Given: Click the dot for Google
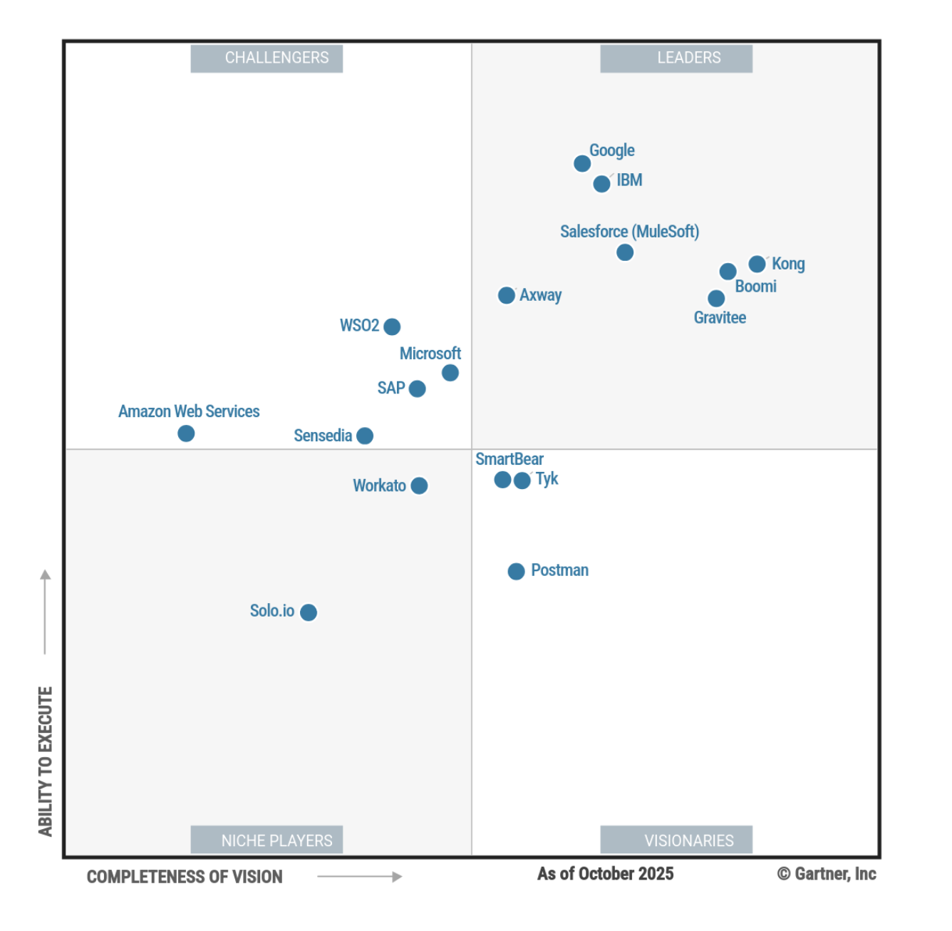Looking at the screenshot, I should (582, 164).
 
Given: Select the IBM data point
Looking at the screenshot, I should (601, 184).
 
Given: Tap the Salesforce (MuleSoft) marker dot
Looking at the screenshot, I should (625, 252).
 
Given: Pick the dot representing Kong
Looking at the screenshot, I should (757, 264).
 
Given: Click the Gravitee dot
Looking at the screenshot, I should (716, 299).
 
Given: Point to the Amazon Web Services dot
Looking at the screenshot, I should (186, 433).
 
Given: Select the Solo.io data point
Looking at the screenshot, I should (309, 612).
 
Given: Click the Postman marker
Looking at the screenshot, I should (516, 571).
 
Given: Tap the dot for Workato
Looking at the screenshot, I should (419, 485).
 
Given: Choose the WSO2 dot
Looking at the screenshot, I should (392, 326).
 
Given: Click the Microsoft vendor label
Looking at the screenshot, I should (430, 354).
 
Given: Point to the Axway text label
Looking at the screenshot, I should (540, 295).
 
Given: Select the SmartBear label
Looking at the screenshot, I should (509, 459).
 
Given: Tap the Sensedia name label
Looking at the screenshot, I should (323, 436).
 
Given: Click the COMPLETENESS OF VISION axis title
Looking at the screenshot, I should (185, 877).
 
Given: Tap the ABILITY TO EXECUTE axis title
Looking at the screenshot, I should (46, 761).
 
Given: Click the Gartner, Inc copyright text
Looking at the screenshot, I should (827, 874).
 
